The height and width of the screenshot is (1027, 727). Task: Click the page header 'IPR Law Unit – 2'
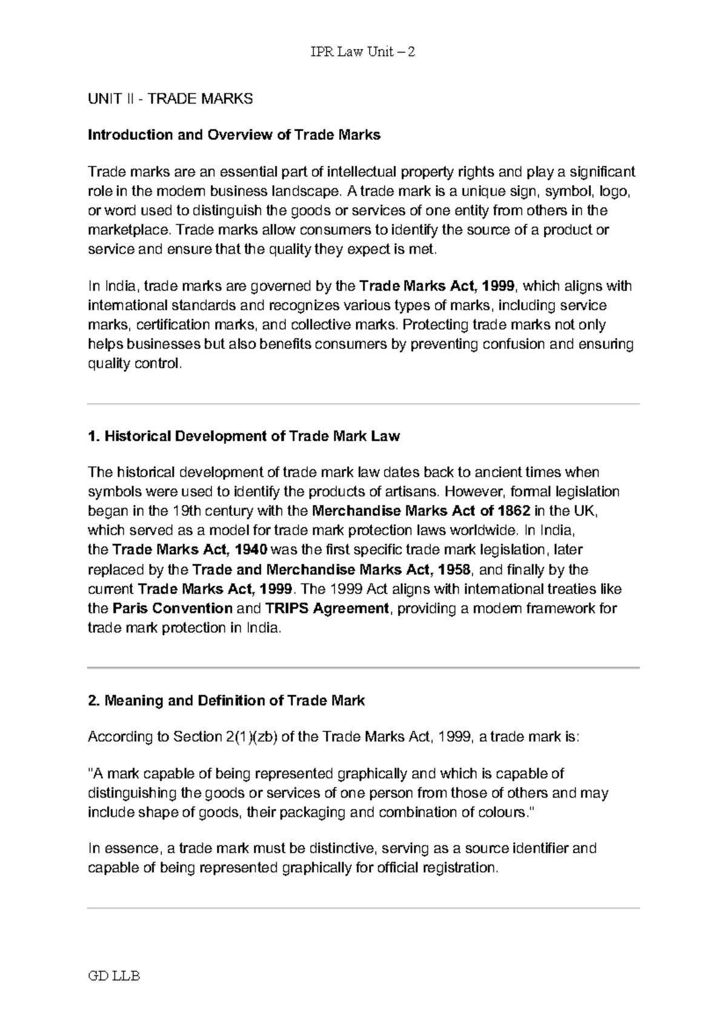pyautogui.click(x=363, y=52)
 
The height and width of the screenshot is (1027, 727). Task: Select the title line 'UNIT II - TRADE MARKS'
pyautogui.click(x=170, y=99)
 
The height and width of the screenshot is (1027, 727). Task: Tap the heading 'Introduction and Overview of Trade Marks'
pyautogui.click(x=234, y=135)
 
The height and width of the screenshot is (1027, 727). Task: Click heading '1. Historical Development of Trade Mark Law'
pyautogui.click(x=244, y=436)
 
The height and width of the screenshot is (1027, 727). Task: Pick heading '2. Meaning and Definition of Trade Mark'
pyautogui.click(x=226, y=701)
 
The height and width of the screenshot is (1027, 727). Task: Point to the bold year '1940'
pyautogui.click(x=250, y=550)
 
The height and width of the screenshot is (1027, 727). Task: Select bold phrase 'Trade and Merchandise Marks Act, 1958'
pyautogui.click(x=331, y=570)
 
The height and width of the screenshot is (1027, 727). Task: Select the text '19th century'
pyautogui.click(x=207, y=510)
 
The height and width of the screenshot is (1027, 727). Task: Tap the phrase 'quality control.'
pyautogui.click(x=134, y=364)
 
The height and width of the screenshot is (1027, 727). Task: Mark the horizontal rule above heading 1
pyautogui.click(x=363, y=404)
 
